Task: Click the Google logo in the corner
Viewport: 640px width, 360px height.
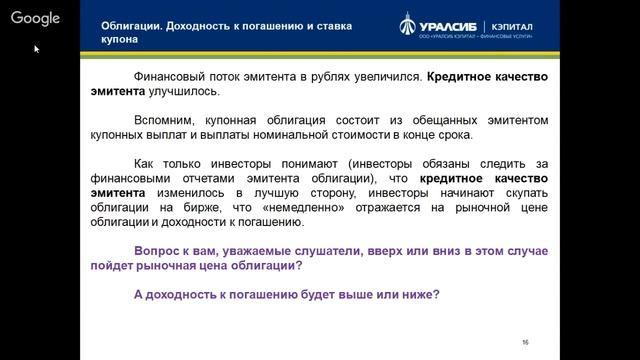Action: point(36,18)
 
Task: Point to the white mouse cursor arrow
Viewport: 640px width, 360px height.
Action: point(38,48)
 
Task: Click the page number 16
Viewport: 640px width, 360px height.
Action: point(525,342)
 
